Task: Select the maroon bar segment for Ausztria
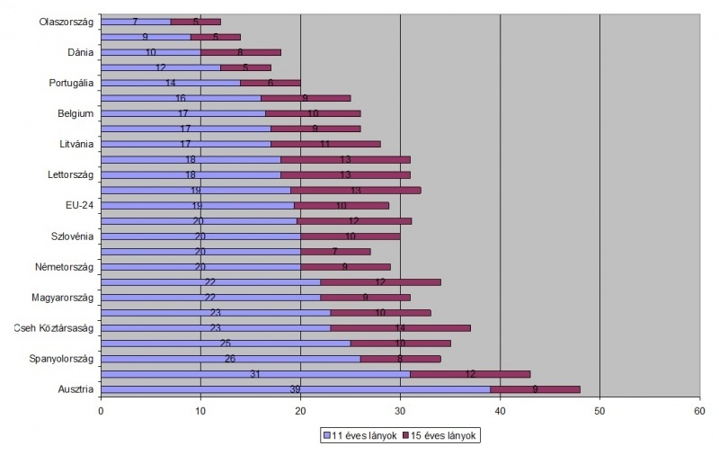pos(535,389)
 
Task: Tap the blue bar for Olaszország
pos(136,22)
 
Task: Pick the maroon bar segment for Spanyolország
pos(400,359)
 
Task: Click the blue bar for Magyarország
pos(210,298)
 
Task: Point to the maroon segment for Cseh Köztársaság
pos(400,328)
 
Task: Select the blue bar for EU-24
pos(197,205)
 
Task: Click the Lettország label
pos(71,174)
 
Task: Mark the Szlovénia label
pos(74,236)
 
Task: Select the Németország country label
pos(67,267)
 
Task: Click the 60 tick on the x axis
pos(698,410)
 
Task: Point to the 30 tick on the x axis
pos(400,410)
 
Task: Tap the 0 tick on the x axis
pos(102,410)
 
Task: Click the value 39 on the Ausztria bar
pos(296,389)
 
